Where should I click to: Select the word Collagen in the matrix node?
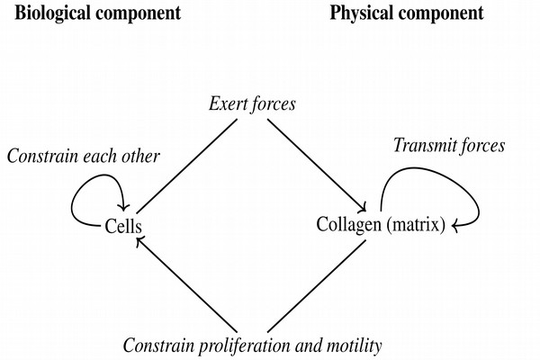(348, 224)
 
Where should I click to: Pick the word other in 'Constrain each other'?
(140, 157)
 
